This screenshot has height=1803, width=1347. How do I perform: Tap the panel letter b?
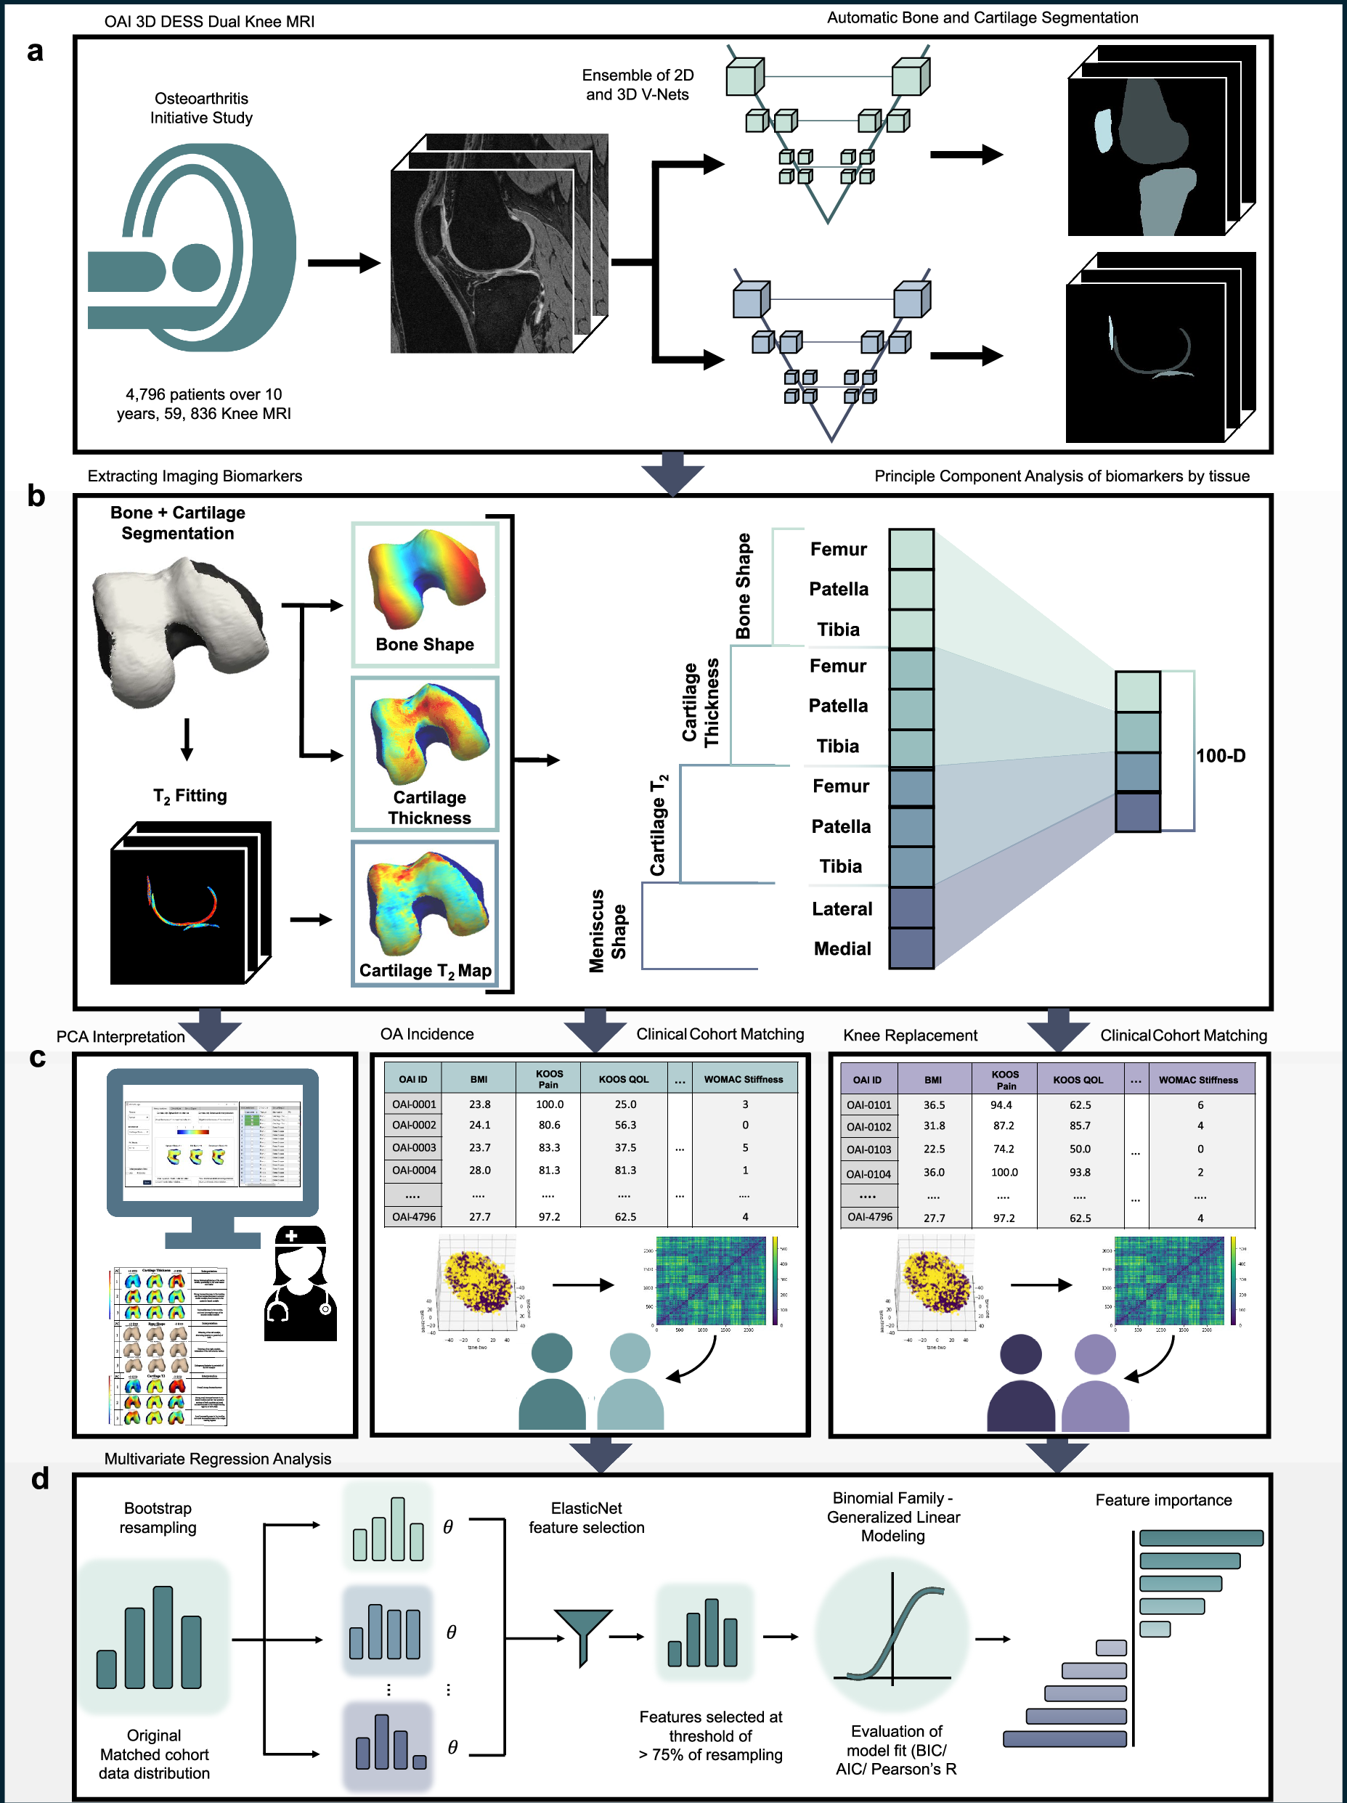point(36,495)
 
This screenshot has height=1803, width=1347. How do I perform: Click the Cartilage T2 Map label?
point(425,970)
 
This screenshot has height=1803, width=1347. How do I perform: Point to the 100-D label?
point(1220,756)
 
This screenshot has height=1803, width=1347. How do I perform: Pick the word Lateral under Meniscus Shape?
point(842,909)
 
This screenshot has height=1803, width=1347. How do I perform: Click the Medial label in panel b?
point(842,949)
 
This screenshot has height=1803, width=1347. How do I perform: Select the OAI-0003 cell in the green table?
point(414,1147)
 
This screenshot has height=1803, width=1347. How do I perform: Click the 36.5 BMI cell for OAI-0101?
point(934,1104)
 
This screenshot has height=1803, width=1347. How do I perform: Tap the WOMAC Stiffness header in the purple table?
point(1198,1080)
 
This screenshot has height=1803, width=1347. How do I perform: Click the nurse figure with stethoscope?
point(300,1284)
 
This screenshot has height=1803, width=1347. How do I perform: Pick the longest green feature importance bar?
point(1200,1538)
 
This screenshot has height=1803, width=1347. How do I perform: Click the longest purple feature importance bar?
point(1065,1738)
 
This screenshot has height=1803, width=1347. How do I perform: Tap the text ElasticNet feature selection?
point(586,1518)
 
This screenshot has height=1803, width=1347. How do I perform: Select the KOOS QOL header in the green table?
point(623,1079)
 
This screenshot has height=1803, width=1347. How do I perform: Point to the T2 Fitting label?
point(190,796)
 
